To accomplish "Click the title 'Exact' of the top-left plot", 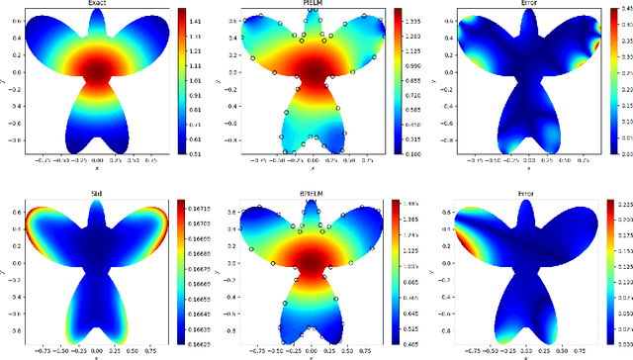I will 97,4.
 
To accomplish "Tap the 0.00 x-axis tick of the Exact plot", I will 97,158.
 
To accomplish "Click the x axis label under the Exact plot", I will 97,165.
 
